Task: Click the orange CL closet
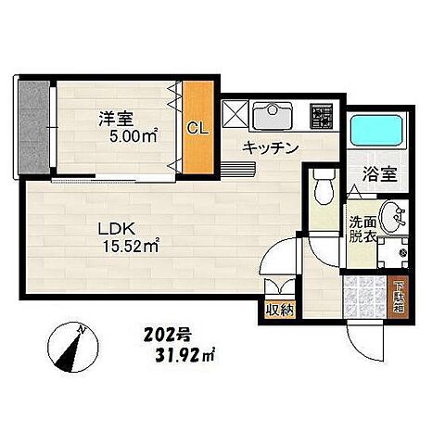point(197,128)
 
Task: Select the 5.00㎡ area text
point(129,135)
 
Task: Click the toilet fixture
point(324,189)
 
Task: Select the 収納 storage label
point(279,310)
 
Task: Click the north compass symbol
point(70,345)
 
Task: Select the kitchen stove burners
point(322,116)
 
